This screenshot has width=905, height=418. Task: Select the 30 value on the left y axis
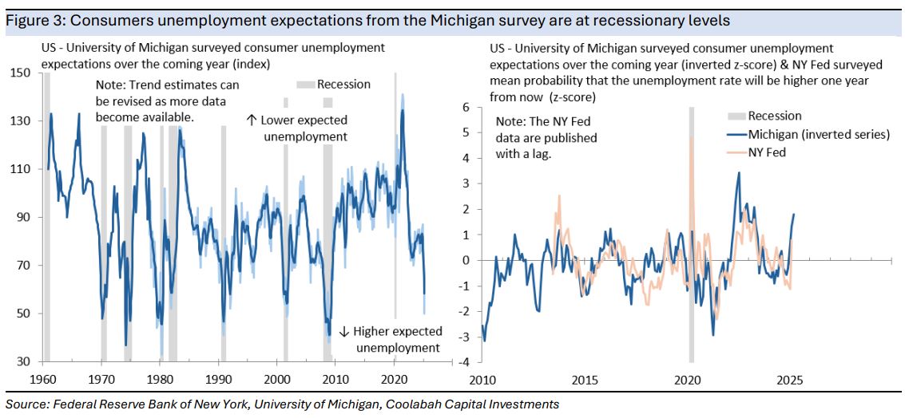click(24, 362)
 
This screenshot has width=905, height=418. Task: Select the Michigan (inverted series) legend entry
click(808, 134)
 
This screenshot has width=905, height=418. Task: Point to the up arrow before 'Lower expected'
click(251, 120)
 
